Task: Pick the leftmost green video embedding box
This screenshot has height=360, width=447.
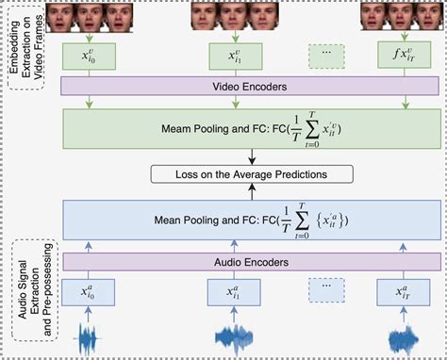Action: click(x=88, y=56)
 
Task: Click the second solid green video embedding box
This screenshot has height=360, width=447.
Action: click(x=231, y=56)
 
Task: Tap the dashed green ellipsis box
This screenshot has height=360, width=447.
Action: click(x=325, y=56)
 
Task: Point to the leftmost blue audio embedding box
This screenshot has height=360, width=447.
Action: click(x=88, y=291)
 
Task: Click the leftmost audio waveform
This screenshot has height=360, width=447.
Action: click(x=88, y=339)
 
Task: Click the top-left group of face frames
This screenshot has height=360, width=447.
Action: click(x=88, y=16)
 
